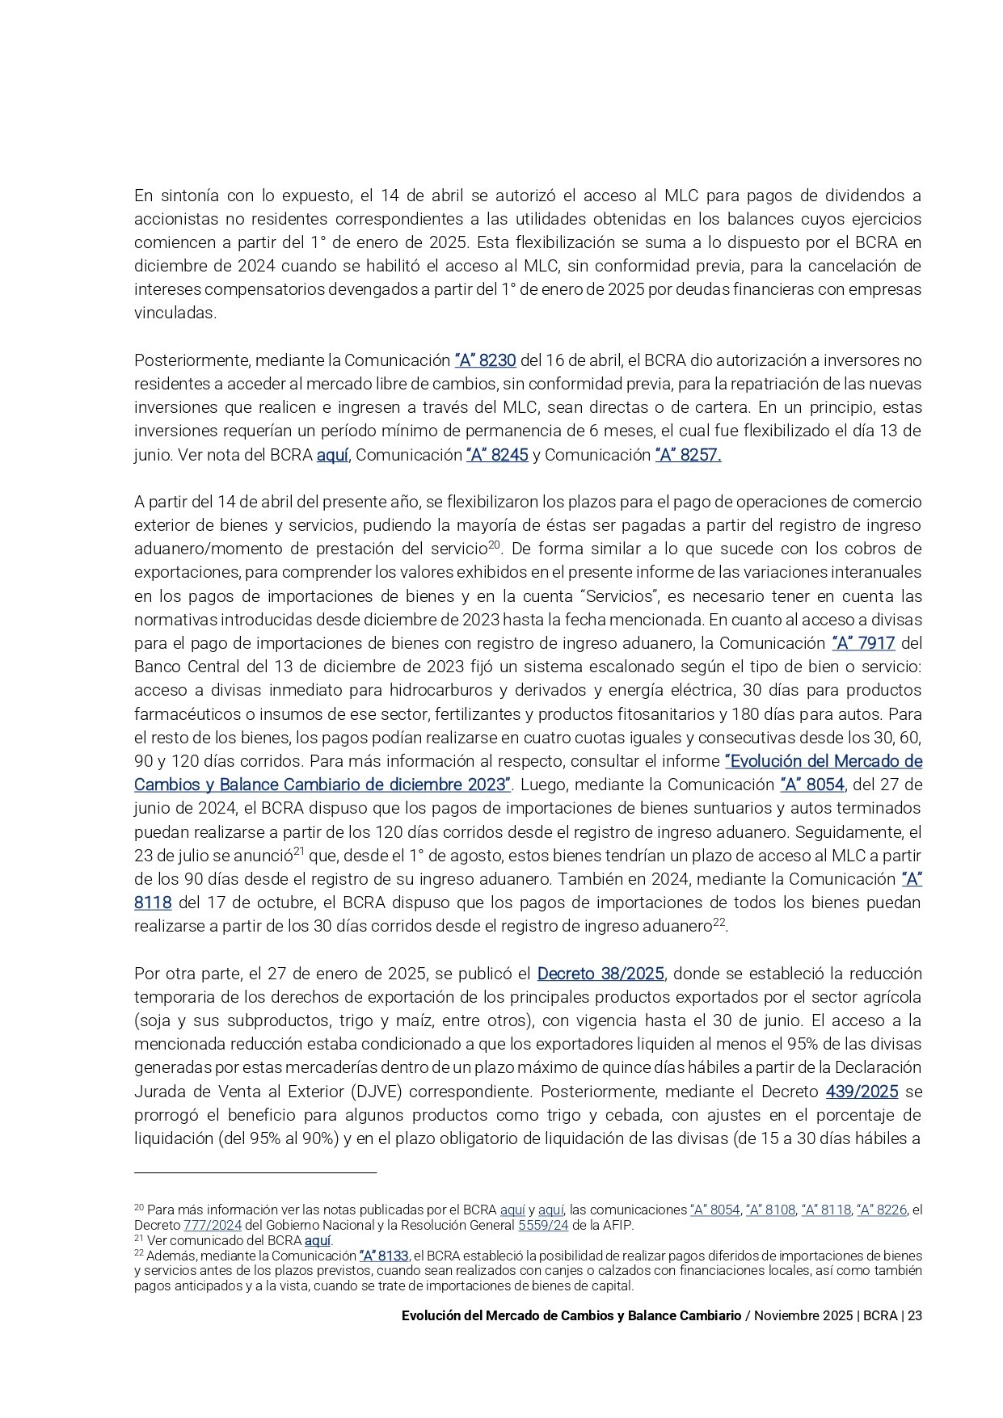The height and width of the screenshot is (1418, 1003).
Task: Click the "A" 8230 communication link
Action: [485, 360]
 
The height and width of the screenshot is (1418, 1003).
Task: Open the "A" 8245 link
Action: [497, 455]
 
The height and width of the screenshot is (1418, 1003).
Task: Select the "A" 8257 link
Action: [688, 455]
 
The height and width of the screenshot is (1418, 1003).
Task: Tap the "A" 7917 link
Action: [863, 643]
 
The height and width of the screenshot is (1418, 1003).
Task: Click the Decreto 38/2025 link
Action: [601, 974]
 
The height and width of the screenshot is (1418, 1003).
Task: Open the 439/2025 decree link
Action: [862, 1092]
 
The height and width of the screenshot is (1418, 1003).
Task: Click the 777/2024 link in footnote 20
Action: [212, 1225]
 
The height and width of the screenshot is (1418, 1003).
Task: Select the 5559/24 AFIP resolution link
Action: [543, 1225]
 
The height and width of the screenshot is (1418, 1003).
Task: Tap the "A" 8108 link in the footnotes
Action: [771, 1210]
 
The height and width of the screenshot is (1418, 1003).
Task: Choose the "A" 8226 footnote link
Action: [881, 1210]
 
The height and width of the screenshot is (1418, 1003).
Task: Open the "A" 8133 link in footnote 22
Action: [384, 1256]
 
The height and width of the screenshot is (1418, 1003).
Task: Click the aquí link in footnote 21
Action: [318, 1240]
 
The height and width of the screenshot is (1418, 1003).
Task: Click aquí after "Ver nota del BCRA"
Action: [332, 455]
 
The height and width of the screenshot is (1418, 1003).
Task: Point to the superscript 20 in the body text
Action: [496, 545]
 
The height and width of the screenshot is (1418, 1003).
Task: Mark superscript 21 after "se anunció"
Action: [298, 852]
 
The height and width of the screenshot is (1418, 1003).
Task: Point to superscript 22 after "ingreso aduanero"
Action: [719, 922]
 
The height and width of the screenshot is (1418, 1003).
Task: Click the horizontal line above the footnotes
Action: [255, 1172]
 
